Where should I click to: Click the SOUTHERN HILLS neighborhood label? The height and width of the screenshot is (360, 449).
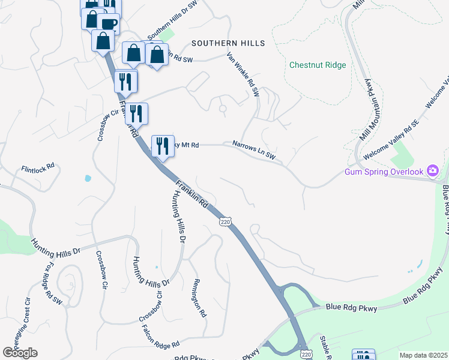coord(228,44)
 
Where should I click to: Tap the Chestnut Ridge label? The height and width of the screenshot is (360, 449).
coord(318,65)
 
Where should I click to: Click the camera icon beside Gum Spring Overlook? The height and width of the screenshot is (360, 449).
coord(432,172)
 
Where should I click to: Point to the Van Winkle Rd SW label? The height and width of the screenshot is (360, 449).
coord(243,75)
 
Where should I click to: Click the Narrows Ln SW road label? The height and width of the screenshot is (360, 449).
coord(254,149)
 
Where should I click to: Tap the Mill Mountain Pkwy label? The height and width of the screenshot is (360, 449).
coord(371,108)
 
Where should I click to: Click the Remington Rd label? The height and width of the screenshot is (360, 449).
coord(200,298)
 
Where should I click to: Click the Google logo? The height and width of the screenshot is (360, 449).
coord(20,353)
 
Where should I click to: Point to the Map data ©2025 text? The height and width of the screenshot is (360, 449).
coord(423,355)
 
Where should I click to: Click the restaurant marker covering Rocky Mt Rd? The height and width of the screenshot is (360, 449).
coord(163,146)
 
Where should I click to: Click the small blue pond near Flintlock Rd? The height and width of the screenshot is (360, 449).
coord(88,178)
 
